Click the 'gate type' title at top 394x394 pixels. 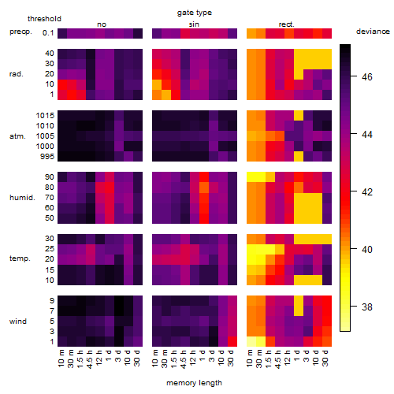(x=195, y=13)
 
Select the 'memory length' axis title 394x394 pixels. (x=194, y=383)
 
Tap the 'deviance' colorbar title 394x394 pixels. (x=373, y=32)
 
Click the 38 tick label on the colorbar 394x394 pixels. (x=367, y=307)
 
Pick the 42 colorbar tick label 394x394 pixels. (x=367, y=192)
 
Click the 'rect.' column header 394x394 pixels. (x=286, y=24)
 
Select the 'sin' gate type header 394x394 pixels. (x=194, y=24)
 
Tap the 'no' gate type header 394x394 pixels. (x=102, y=24)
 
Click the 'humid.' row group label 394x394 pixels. (x=22, y=198)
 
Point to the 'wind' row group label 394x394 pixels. (x=18, y=322)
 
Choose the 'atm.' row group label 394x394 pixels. (x=17, y=136)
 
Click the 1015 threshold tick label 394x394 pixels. (x=45, y=116)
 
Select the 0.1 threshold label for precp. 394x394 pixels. (x=48, y=33)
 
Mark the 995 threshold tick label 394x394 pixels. (x=47, y=157)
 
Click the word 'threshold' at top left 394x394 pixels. (x=44, y=19)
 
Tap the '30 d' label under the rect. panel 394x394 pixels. (x=325, y=358)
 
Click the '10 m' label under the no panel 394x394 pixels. (x=61, y=358)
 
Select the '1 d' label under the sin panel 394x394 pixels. (x=202, y=355)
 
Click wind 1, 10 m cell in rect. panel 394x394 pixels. (x=251, y=341)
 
